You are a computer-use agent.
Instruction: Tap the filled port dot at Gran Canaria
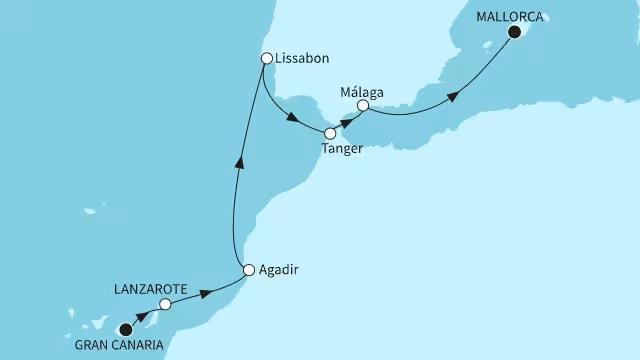[126, 329]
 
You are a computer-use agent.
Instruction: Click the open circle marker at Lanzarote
[166, 305]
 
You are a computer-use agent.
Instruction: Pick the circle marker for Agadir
[249, 269]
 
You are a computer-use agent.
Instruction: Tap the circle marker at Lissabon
[267, 59]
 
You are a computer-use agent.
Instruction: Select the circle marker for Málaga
[363, 105]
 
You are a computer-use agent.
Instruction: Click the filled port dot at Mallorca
[515, 33]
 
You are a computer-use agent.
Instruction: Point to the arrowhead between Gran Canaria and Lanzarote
[146, 317]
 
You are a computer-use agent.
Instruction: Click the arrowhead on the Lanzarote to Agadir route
[207, 292]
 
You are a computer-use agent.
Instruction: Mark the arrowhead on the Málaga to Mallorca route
[453, 97]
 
